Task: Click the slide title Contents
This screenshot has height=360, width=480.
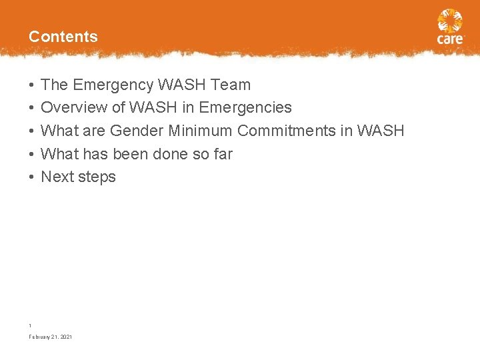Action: pos(63,37)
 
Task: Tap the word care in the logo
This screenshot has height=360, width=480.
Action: pos(450,39)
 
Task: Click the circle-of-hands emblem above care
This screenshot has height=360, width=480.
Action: pos(450,21)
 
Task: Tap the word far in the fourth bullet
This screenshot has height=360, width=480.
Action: pos(222,154)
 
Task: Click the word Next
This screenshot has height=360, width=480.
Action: pos(57,177)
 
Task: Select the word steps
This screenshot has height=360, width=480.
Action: pos(97,177)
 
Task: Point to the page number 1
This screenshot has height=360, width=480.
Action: pos(30,325)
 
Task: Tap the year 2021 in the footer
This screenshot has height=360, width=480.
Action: pos(66,337)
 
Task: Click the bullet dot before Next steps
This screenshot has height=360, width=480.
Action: pos(31,177)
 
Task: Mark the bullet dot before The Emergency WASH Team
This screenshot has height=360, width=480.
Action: pos(31,85)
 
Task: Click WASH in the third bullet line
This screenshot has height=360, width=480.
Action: pos(381,131)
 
